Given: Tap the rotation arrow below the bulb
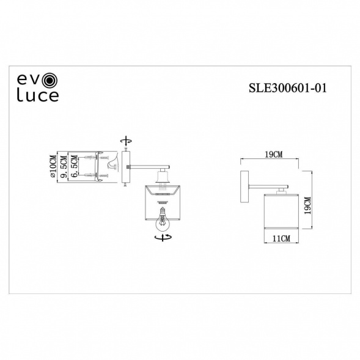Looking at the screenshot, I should (x=163, y=237).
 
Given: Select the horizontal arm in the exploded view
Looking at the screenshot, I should (x=147, y=166).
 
